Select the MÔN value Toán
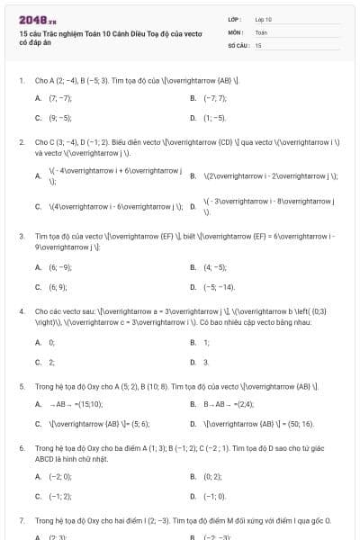click(x=260, y=31)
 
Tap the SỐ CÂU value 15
click(x=258, y=44)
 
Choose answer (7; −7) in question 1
click(x=60, y=97)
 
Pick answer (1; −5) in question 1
click(x=215, y=117)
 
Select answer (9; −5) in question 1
click(x=60, y=117)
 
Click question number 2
click(x=22, y=142)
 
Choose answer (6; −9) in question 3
click(x=60, y=267)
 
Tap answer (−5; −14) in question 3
click(x=219, y=287)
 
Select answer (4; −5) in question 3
click(x=215, y=267)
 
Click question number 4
click(x=22, y=311)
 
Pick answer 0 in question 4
click(x=51, y=342)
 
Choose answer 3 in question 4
click(x=206, y=362)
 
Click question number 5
click(x=22, y=386)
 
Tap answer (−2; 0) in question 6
click(x=60, y=476)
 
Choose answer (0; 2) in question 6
click(x=212, y=476)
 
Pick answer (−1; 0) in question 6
click(x=214, y=496)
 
